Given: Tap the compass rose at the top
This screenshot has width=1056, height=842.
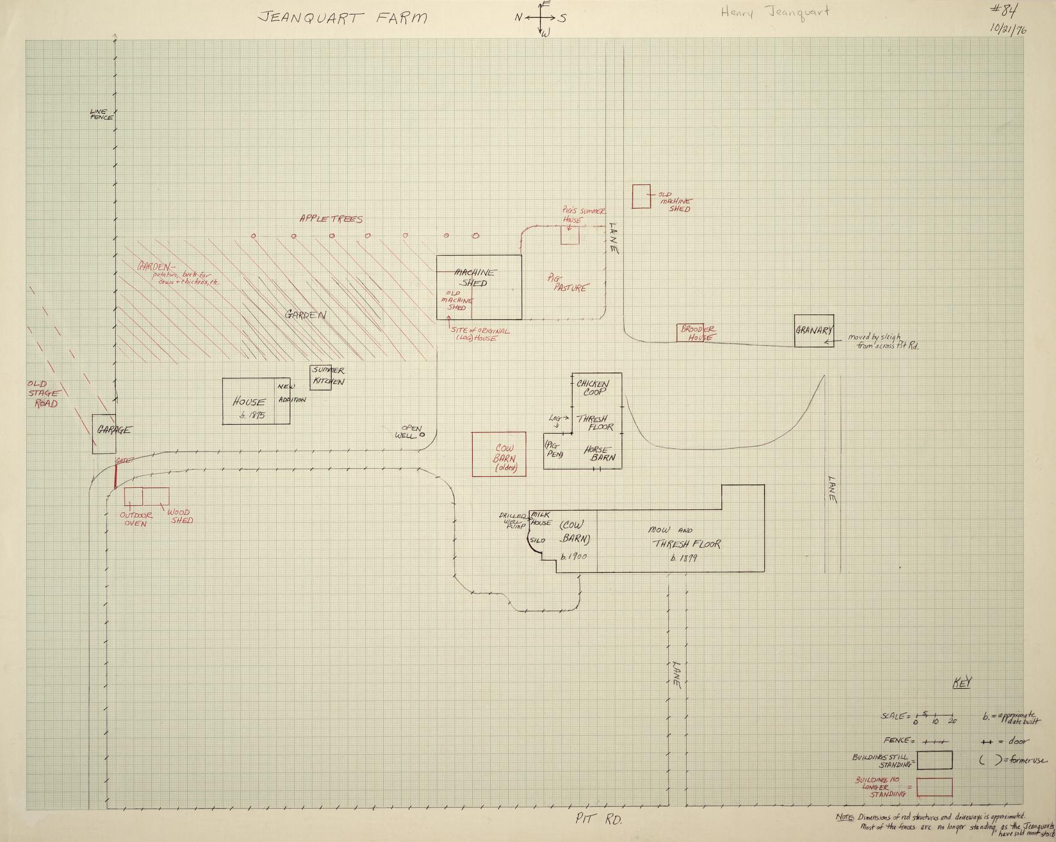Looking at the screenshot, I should click(x=542, y=18).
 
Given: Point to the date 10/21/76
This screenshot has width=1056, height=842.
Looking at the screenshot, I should click(x=1008, y=31).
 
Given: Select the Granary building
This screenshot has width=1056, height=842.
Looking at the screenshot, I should click(x=814, y=331).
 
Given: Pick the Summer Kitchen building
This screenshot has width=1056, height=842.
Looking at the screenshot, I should click(x=321, y=377).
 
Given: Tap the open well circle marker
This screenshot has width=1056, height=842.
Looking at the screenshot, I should click(x=422, y=435).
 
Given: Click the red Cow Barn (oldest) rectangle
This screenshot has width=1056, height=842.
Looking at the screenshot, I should click(x=499, y=454).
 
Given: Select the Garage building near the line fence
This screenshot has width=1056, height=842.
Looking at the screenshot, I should click(x=104, y=434).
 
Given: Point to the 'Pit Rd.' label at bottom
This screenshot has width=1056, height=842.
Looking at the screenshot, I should click(x=598, y=821).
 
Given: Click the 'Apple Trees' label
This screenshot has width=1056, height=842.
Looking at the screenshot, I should click(x=331, y=219).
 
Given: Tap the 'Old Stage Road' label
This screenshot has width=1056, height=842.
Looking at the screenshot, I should click(x=43, y=394).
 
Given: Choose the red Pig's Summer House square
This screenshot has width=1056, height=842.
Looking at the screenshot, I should click(x=570, y=236).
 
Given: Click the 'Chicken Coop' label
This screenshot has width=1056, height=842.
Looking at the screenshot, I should click(x=592, y=387).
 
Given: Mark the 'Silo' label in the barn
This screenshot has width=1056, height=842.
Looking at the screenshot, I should click(x=537, y=541).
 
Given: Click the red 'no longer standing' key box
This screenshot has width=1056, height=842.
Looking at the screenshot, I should click(x=935, y=786).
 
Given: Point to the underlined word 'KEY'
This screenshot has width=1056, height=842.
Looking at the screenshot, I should click(x=962, y=683).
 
